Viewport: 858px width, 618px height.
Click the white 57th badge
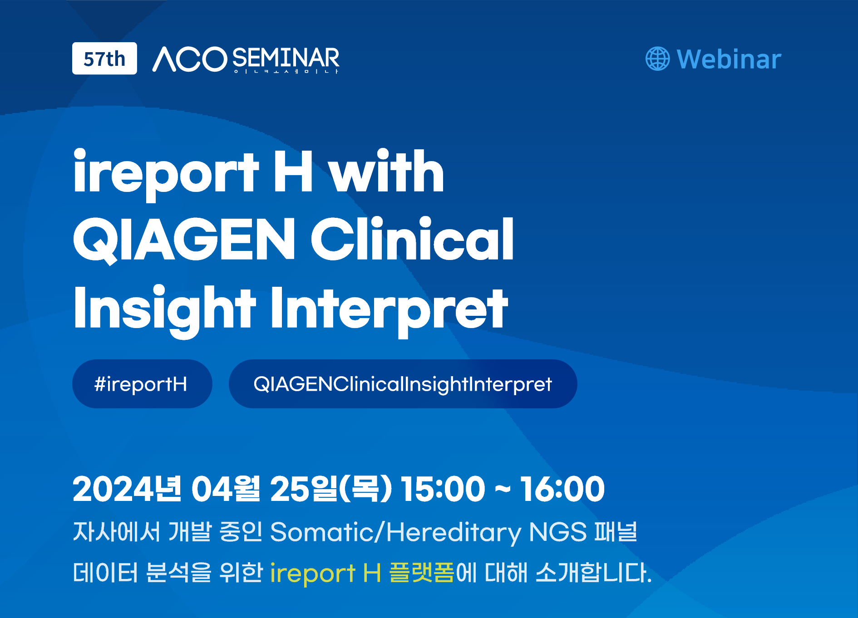(x=104, y=59)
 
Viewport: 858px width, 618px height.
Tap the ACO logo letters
(x=189, y=59)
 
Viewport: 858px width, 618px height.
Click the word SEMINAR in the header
(x=286, y=58)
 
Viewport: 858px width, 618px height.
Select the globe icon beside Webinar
(x=657, y=59)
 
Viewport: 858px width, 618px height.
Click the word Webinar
(x=729, y=59)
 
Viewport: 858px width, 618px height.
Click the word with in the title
(x=386, y=171)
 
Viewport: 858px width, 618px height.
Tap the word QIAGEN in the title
(x=184, y=239)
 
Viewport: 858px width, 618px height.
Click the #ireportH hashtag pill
(x=142, y=384)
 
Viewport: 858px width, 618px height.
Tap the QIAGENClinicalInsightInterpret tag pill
(x=403, y=384)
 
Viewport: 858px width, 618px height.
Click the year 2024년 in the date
(x=127, y=489)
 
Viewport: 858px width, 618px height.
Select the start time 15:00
(x=443, y=489)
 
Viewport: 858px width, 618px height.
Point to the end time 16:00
(x=562, y=489)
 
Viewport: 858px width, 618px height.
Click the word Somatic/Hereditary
(x=396, y=532)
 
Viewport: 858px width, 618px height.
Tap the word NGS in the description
(x=558, y=532)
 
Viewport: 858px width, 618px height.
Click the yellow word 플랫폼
(x=422, y=572)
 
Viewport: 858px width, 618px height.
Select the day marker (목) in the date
(x=365, y=489)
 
